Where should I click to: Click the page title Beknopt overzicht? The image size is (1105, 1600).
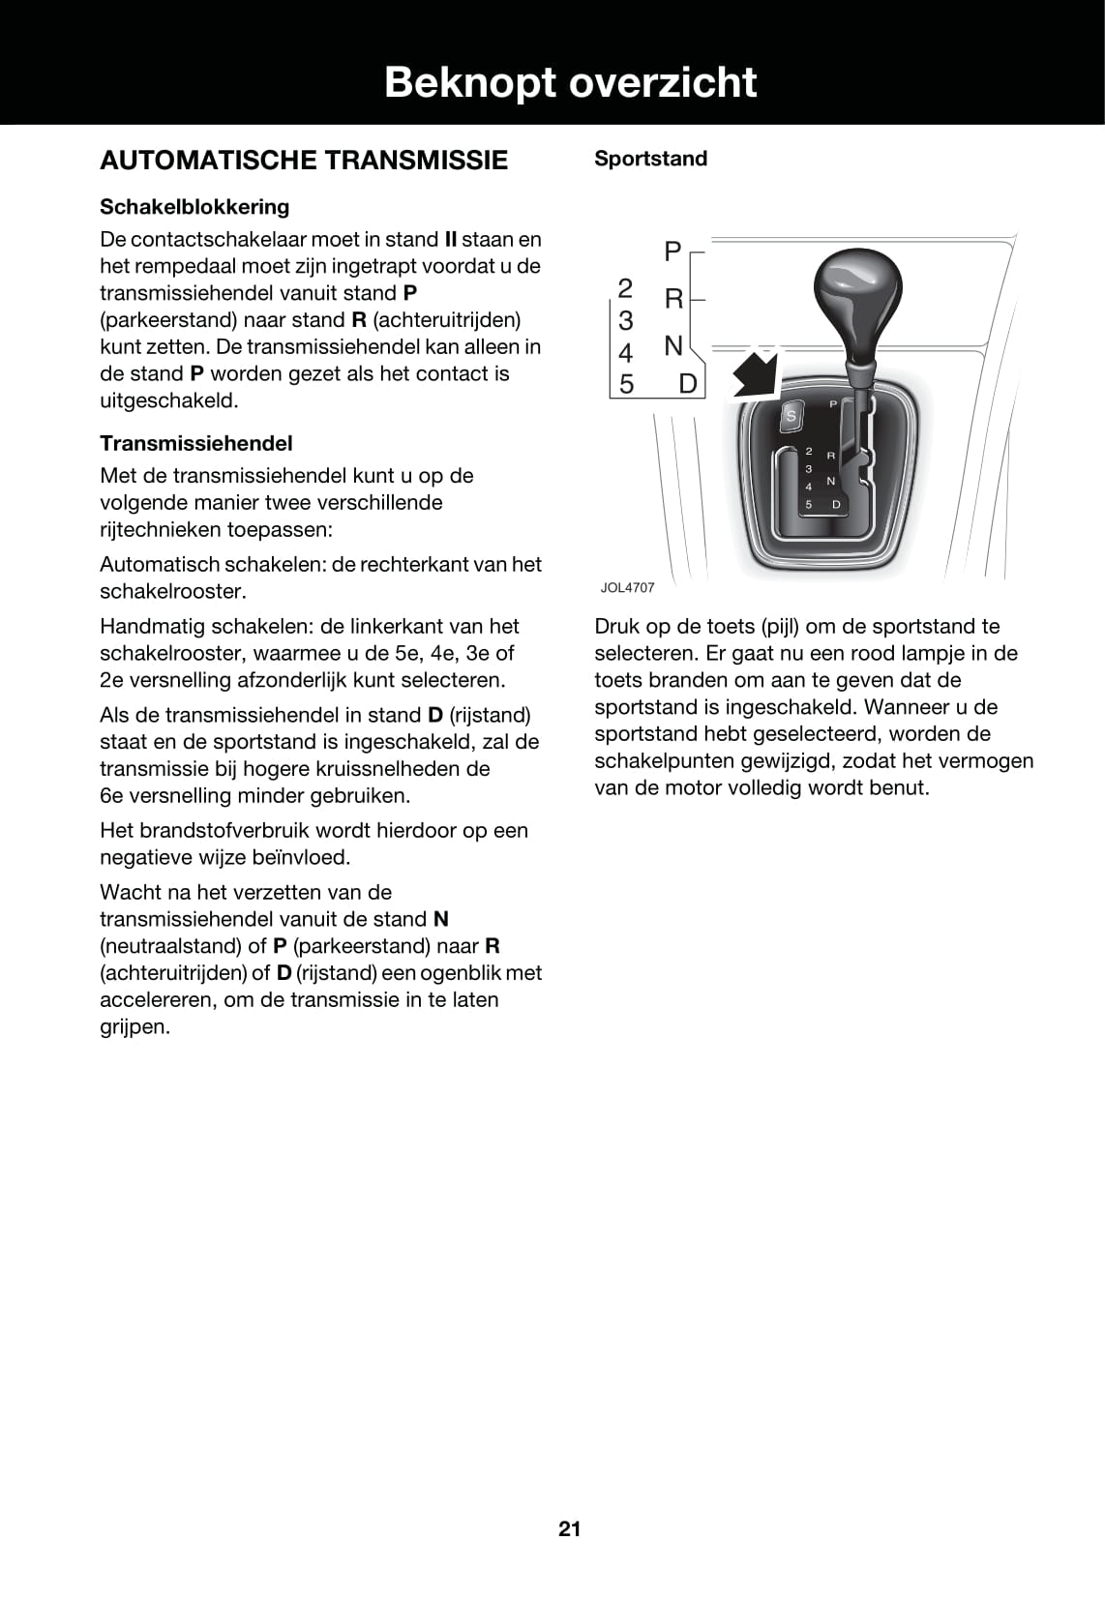(x=570, y=83)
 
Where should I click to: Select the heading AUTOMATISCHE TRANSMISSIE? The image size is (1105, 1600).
(x=304, y=161)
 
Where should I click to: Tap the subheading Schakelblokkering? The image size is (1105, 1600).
(x=194, y=207)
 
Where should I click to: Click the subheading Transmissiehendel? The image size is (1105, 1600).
(x=196, y=443)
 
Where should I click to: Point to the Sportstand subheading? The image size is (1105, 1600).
(x=650, y=159)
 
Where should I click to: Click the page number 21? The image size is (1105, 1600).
(x=569, y=1528)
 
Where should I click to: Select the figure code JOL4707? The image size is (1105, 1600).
(x=627, y=587)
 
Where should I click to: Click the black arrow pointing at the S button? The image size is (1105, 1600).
(x=757, y=372)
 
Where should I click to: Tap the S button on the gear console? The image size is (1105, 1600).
(x=791, y=416)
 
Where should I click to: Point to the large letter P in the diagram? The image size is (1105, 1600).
(x=672, y=252)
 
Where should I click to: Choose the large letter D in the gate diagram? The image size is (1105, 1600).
(x=688, y=384)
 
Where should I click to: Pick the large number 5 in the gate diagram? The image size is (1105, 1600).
(x=626, y=384)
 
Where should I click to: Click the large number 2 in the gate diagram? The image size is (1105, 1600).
(x=625, y=288)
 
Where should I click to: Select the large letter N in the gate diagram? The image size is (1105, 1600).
(x=673, y=345)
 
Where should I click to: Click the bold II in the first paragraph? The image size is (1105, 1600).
(x=450, y=239)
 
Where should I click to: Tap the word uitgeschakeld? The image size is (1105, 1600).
(x=168, y=400)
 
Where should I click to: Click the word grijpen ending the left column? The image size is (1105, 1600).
(x=134, y=1026)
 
